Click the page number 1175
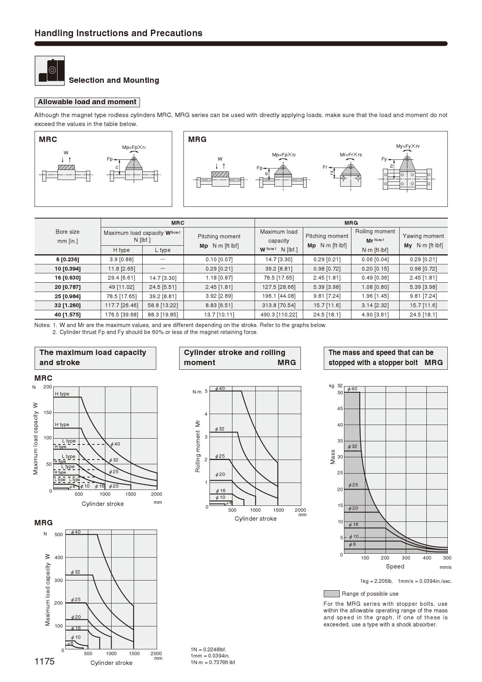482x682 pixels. point(45,661)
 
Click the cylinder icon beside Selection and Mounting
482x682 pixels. point(50,71)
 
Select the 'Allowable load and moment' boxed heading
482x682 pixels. point(87,102)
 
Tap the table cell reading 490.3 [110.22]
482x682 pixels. point(279,315)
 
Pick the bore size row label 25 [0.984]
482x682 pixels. point(68,296)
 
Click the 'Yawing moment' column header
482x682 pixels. point(423,236)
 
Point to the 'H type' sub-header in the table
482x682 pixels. point(121,250)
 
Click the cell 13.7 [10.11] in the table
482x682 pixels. point(219,315)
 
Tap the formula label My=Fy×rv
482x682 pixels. point(408,146)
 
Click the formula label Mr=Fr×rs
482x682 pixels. point(351,155)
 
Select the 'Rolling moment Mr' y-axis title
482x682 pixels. point(198,446)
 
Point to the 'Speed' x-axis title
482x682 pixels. point(395,567)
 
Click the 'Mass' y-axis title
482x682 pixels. point(333,457)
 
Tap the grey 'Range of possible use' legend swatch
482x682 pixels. point(331,594)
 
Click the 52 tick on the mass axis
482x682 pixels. point(340,386)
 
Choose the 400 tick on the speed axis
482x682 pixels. point(427,558)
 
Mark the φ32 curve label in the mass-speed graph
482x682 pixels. point(353,446)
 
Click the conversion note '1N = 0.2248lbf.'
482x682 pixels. point(208,649)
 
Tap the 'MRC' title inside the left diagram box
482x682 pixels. point(48,140)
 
